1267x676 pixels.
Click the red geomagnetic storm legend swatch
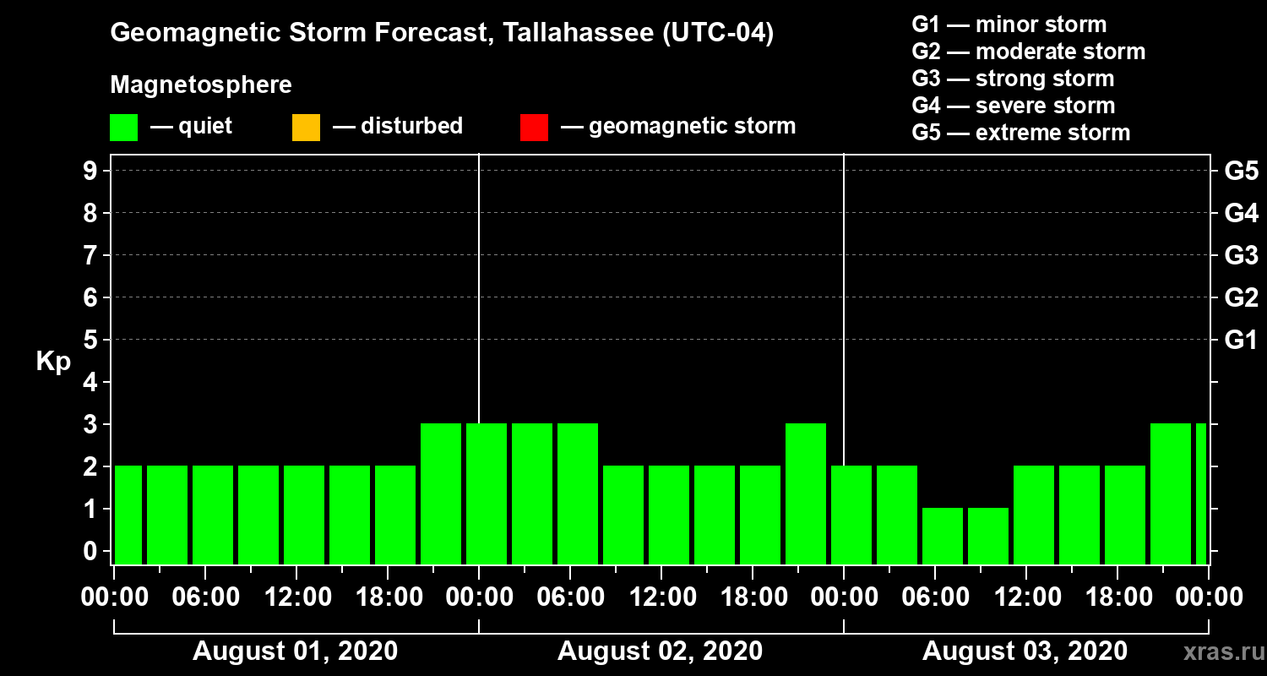[534, 127]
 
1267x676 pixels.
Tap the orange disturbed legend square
[306, 127]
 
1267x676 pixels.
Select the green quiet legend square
[123, 127]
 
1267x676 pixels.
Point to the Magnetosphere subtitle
[201, 85]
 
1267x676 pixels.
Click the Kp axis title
[52, 362]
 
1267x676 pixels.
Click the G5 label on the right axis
[1241, 172]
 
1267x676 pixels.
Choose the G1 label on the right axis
[1241, 341]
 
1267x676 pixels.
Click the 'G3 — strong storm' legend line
[1013, 79]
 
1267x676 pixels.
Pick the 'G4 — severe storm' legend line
[1013, 106]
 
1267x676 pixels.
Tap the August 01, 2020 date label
[295, 651]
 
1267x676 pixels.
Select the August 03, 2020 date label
[1025, 651]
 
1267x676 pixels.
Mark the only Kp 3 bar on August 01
[441, 493]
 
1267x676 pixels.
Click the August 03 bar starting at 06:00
[943, 536]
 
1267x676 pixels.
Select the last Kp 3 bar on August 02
[806, 493]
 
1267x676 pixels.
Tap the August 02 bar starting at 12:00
[669, 515]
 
